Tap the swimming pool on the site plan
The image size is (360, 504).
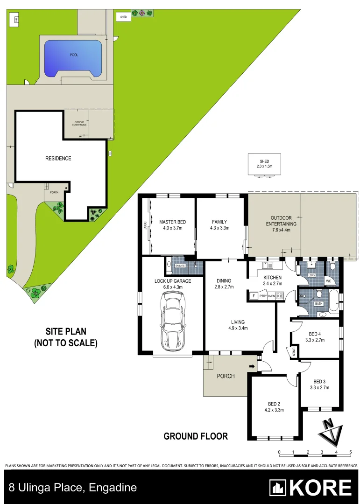(x=73, y=58)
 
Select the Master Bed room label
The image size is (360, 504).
(x=170, y=222)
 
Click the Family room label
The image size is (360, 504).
(x=219, y=222)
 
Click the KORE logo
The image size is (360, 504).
(x=311, y=488)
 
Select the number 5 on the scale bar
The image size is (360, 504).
(x=350, y=452)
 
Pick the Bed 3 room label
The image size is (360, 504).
(x=320, y=381)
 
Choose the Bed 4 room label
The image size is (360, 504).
(x=314, y=334)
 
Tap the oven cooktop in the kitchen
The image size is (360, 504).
(x=279, y=295)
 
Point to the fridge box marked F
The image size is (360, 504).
(x=253, y=295)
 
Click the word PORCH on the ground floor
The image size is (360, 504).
(x=226, y=376)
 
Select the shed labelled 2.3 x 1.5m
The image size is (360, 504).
(x=264, y=164)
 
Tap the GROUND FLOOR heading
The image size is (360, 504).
(x=196, y=436)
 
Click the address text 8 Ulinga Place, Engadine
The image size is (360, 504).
(x=73, y=488)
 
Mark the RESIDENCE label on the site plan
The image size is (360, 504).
(x=58, y=158)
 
